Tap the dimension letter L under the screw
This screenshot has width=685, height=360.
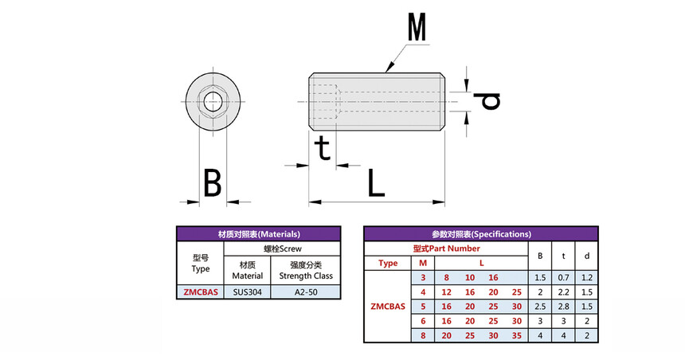click(375, 183)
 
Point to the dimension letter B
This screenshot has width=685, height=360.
click(211, 182)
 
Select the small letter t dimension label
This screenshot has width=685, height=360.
click(322, 148)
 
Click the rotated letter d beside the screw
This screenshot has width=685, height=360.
click(487, 101)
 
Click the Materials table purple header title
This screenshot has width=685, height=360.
click(258, 234)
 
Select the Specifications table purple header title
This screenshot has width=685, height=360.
click(480, 234)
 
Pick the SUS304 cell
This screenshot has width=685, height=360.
click(247, 292)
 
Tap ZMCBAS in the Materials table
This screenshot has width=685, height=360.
click(200, 292)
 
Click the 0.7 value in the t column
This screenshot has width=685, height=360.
click(563, 277)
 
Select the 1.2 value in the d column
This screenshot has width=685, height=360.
click(586, 277)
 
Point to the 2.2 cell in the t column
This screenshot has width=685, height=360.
click(563, 292)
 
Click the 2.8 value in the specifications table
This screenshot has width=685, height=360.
click(563, 306)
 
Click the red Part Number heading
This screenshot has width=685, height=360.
click(446, 248)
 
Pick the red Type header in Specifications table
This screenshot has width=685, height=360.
click(388, 262)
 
